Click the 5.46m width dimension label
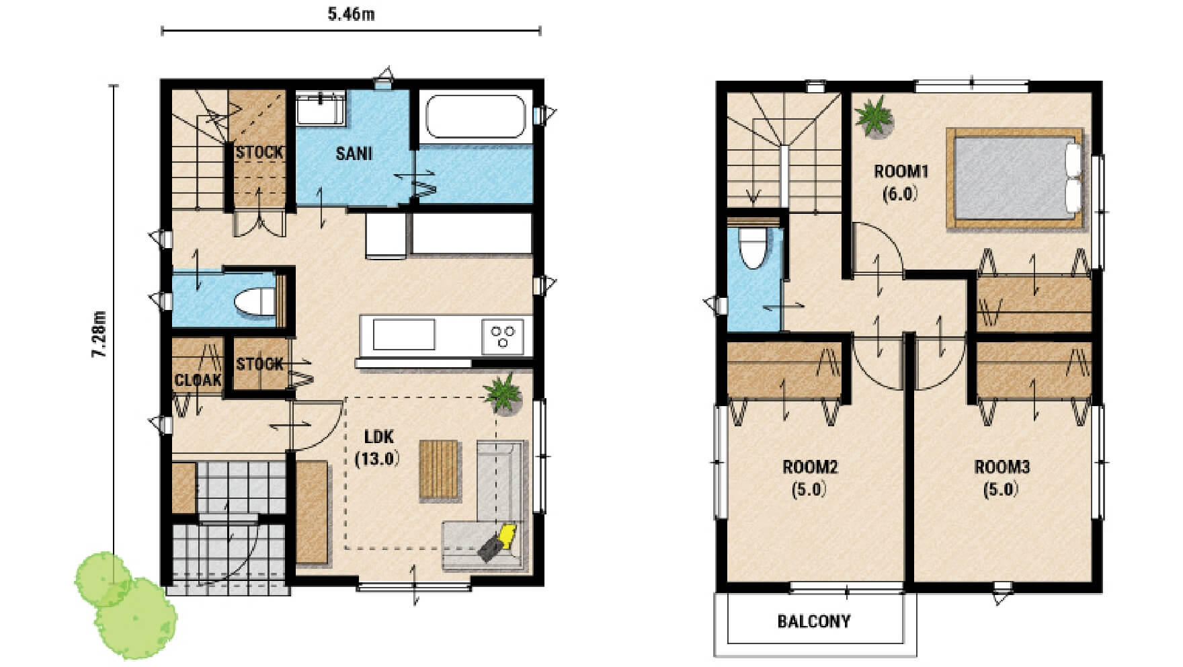[x=351, y=14]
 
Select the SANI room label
[x=354, y=153]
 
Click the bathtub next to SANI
[x=476, y=116]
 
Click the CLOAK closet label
[x=198, y=381]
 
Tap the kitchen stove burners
[x=502, y=336]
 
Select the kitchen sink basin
[x=403, y=334]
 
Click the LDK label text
[x=378, y=436]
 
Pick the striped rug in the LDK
[x=439, y=469]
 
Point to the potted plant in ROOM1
[x=874, y=117]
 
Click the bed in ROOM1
[x=1015, y=178]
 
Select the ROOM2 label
[x=810, y=467]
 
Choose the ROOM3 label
[x=1002, y=467]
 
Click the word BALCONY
[x=814, y=621]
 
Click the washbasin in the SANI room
[x=320, y=109]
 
